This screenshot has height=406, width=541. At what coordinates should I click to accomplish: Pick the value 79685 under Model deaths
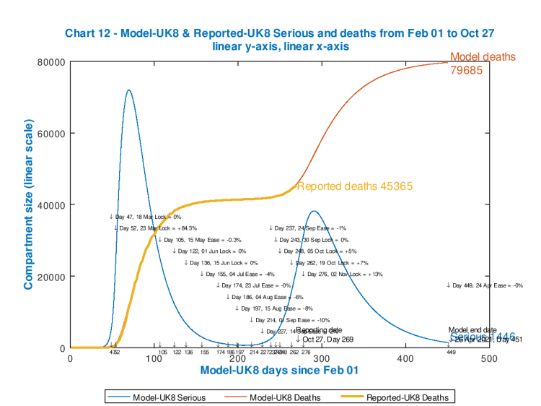click(x=467, y=71)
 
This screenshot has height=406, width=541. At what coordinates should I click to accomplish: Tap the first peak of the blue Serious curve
click(x=128, y=90)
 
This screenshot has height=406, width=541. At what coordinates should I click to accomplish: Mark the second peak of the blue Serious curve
click(x=313, y=212)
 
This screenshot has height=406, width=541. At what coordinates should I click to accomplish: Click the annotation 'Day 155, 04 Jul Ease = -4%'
click(x=237, y=275)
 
